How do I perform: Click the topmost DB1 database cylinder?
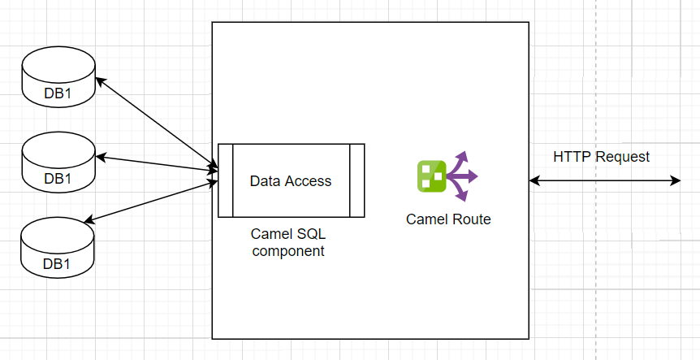click(58, 77)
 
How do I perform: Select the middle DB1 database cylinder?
click(58, 163)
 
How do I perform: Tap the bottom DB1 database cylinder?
click(58, 247)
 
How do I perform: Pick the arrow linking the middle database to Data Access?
click(157, 163)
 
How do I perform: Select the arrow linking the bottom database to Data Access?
click(151, 202)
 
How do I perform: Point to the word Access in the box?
click(308, 181)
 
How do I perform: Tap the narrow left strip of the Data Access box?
click(226, 180)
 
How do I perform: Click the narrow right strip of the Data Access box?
click(357, 180)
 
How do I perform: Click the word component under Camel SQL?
click(288, 251)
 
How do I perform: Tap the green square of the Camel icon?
click(432, 176)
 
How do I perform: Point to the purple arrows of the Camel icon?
click(462, 176)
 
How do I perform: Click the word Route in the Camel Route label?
click(472, 219)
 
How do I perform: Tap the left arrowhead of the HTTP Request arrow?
click(534, 180)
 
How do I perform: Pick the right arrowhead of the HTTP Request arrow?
click(675, 180)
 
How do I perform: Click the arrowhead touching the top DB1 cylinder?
click(101, 81)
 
